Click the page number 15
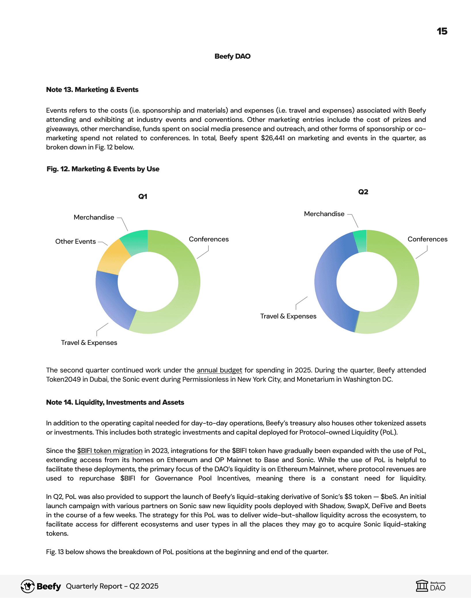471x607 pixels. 442,31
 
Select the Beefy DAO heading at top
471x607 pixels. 232,56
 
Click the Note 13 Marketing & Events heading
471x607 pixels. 92,90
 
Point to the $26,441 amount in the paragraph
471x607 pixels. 273,138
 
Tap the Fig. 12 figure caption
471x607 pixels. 103,169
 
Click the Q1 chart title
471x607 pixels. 143,197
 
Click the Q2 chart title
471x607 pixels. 363,192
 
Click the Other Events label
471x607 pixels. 75,241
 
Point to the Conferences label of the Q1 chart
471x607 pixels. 209,239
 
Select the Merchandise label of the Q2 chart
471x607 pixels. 324,214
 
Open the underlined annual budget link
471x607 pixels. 219,370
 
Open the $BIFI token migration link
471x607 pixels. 110,451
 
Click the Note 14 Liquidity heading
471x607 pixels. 115,402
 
